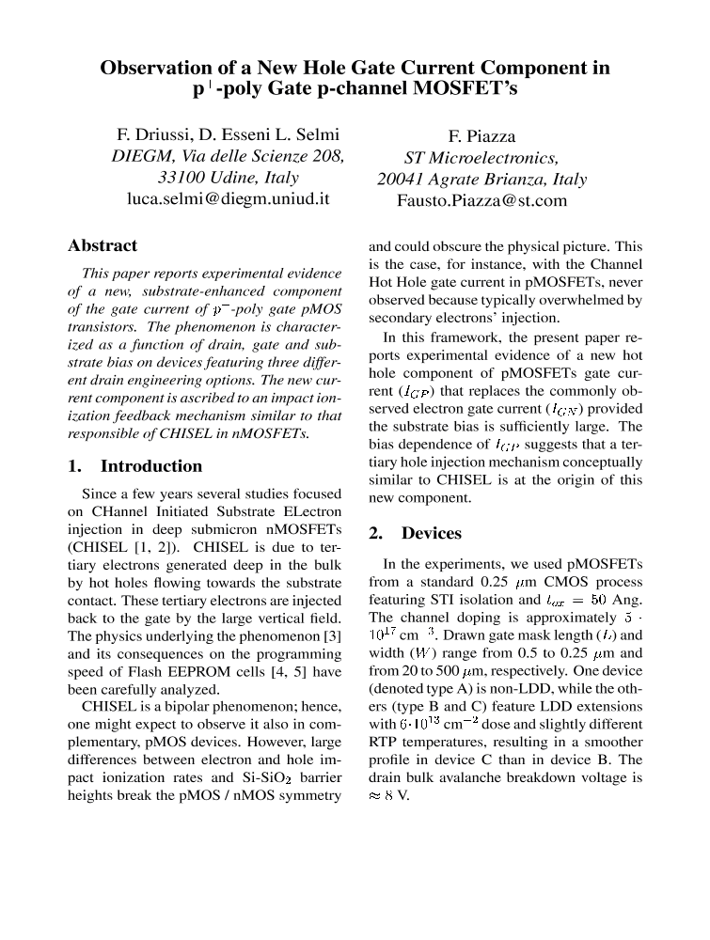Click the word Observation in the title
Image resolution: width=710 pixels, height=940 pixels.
[155, 68]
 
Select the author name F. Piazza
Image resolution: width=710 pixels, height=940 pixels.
[481, 135]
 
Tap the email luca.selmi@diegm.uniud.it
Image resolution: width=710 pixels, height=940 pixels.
[228, 199]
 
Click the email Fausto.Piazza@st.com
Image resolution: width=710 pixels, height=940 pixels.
[481, 200]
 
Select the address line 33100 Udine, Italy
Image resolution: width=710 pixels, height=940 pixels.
[228, 178]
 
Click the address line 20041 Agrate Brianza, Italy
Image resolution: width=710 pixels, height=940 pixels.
[481, 179]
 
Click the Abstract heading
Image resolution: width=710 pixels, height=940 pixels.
[103, 245]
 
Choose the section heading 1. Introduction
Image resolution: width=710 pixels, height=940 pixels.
[135, 466]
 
